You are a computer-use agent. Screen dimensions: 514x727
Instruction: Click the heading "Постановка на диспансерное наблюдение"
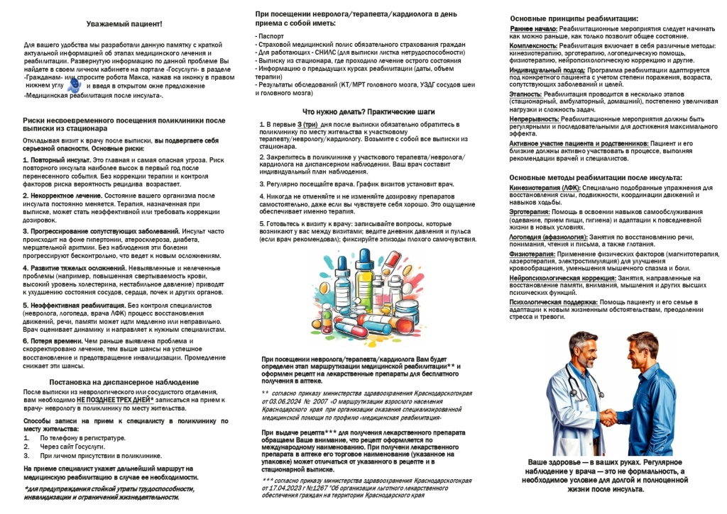click(x=124, y=381)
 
